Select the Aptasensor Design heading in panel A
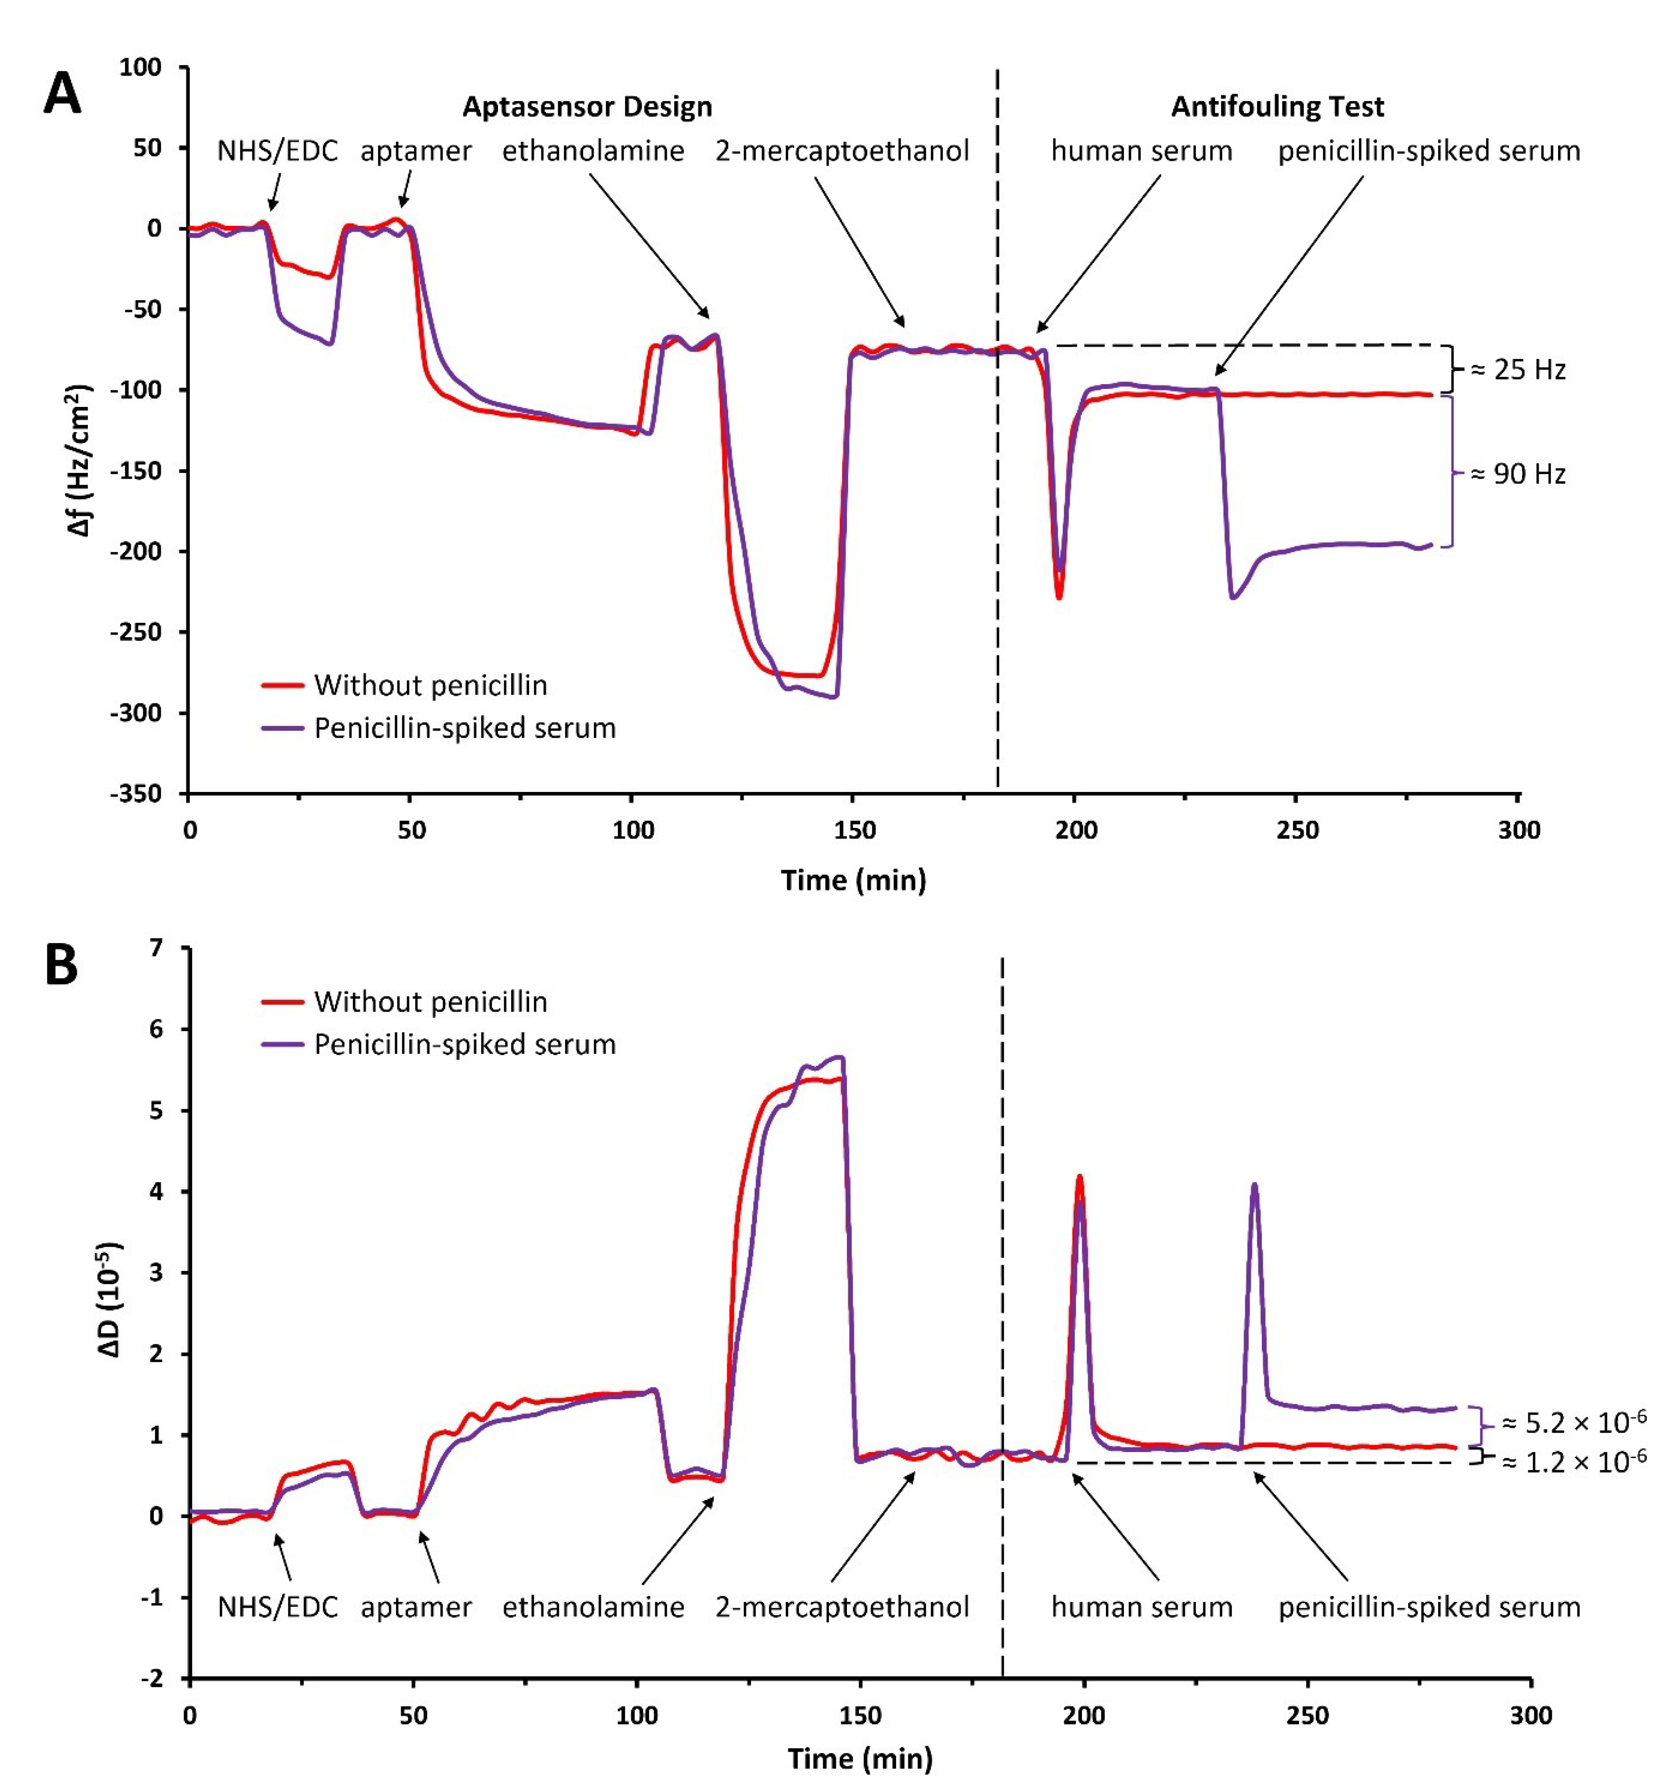pos(587,107)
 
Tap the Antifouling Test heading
pos(1277,107)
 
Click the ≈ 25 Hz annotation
pos(1518,369)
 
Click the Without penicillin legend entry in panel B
pos(429,1001)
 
